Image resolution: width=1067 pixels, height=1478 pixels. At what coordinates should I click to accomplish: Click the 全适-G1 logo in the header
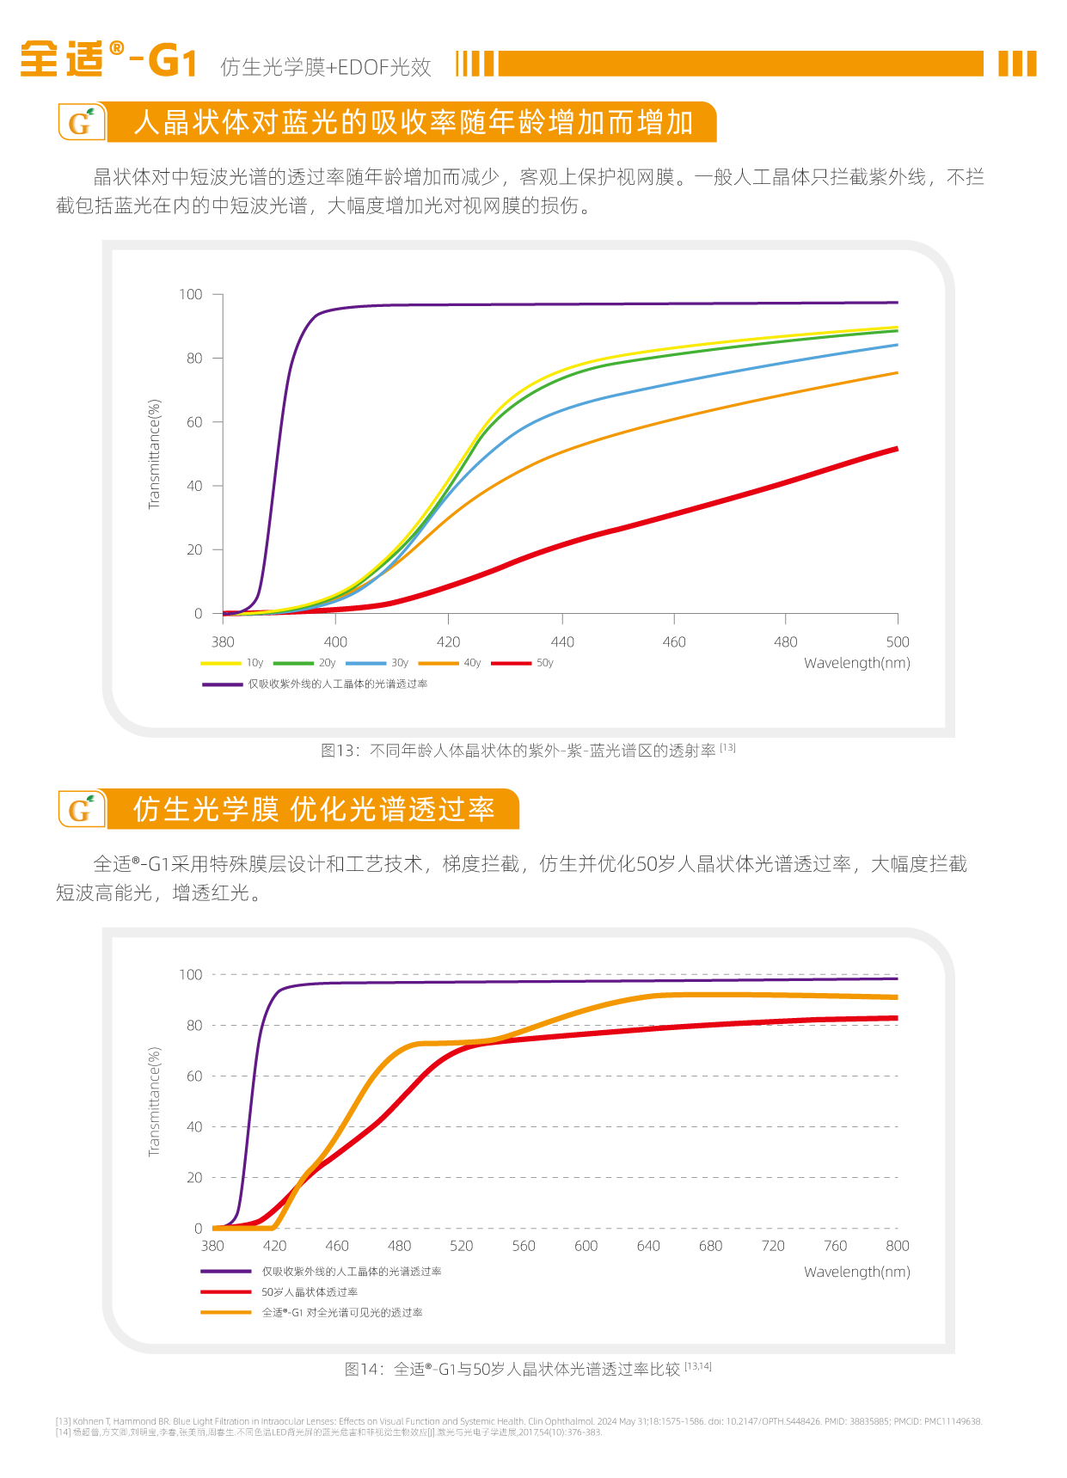(x=108, y=60)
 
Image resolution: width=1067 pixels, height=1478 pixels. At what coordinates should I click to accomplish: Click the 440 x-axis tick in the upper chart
(x=562, y=642)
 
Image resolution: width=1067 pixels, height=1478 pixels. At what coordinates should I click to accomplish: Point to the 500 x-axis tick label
(x=898, y=642)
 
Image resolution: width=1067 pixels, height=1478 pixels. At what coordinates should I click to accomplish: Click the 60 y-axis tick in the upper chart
(x=194, y=422)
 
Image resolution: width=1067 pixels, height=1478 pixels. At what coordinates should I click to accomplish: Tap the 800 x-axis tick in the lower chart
(x=897, y=1246)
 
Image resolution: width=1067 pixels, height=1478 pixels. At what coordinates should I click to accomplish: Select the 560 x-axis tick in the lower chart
(x=524, y=1246)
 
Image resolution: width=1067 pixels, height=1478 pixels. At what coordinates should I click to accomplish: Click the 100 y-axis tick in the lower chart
(x=190, y=975)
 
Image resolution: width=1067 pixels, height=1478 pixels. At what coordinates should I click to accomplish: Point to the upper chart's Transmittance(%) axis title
(x=155, y=454)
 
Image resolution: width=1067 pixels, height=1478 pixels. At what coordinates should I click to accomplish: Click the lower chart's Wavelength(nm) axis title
(x=856, y=1272)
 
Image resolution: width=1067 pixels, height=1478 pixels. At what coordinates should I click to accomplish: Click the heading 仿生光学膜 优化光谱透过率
(x=314, y=810)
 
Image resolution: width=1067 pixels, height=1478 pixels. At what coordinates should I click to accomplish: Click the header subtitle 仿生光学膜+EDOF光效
(x=326, y=67)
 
